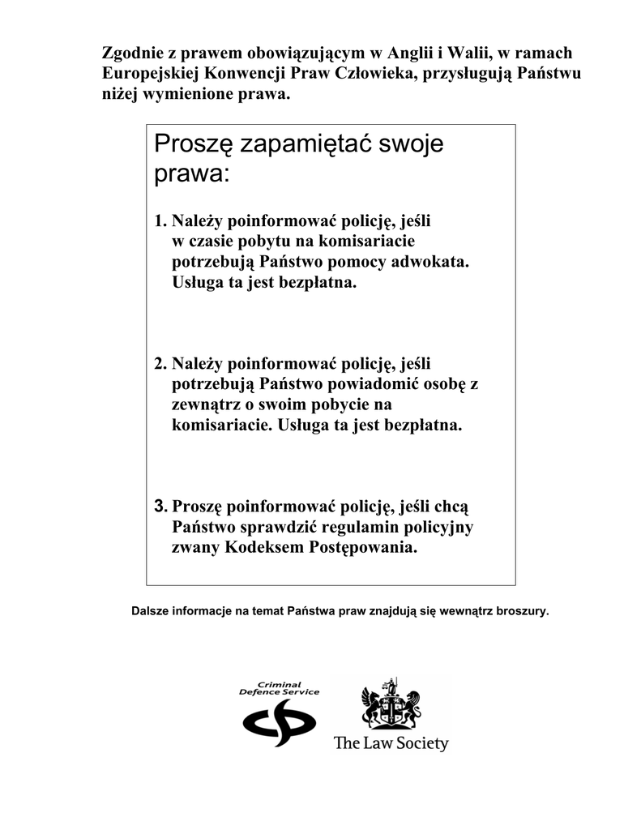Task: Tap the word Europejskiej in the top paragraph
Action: [x=152, y=74]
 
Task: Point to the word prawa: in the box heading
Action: [x=191, y=173]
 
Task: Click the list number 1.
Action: [x=160, y=220]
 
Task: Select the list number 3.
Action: [x=160, y=507]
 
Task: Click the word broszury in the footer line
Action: [x=522, y=610]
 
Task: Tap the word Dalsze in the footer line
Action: [x=150, y=610]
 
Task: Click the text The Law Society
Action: [x=391, y=743]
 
